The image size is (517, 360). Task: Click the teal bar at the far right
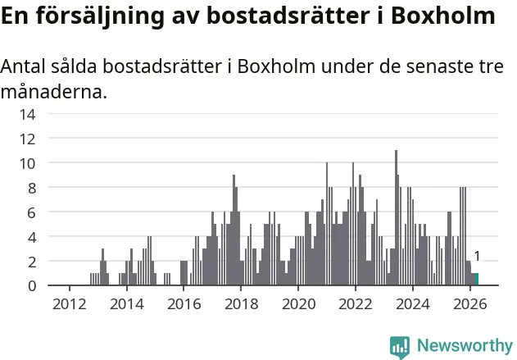point(477,279)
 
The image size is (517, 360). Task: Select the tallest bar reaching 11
point(396,217)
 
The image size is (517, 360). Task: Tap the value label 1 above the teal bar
point(477,256)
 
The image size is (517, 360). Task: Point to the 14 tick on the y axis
point(27,115)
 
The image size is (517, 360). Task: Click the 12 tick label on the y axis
point(27,139)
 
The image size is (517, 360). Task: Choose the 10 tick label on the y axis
point(27,164)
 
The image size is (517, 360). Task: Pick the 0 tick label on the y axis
point(32,285)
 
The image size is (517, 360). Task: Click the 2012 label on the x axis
point(70,304)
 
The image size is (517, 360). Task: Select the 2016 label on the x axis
point(184,304)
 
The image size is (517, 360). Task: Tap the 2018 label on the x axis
point(242,304)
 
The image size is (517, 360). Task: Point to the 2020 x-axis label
point(299,304)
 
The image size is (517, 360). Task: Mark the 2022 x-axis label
point(356,304)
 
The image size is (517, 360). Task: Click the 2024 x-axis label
point(413,304)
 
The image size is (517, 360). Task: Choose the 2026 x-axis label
point(470,304)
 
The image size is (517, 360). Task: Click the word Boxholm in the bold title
point(443,16)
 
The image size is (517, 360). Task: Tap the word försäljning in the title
point(100,16)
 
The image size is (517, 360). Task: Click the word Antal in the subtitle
point(23,66)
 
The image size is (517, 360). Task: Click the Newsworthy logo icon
point(400,347)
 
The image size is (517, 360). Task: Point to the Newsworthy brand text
point(465,345)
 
